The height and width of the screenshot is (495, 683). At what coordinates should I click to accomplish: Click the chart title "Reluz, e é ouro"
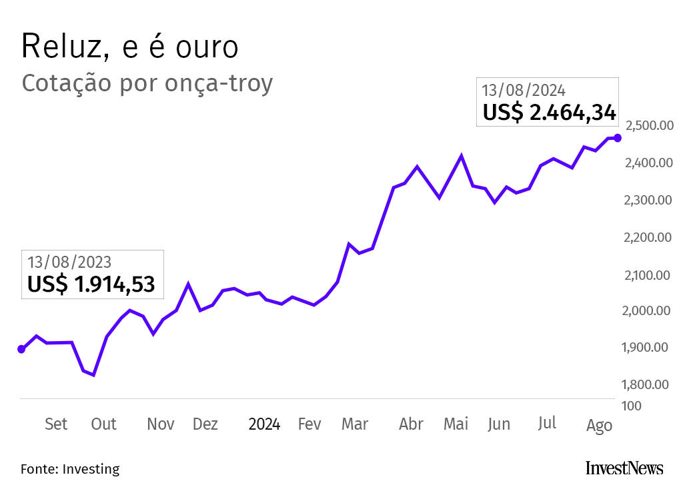[x=129, y=47]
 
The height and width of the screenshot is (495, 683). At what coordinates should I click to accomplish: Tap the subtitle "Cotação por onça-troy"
[x=147, y=84]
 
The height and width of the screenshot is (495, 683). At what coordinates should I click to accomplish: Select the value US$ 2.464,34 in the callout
[x=549, y=113]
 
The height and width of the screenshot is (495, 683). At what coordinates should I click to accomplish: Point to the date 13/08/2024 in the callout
[x=524, y=91]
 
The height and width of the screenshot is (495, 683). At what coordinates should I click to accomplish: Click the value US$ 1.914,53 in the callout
[x=91, y=284]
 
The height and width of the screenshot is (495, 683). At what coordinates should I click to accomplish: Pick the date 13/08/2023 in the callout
[x=69, y=262]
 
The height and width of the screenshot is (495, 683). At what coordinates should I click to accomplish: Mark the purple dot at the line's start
[x=21, y=349]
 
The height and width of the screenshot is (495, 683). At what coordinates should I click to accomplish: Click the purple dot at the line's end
[x=618, y=138]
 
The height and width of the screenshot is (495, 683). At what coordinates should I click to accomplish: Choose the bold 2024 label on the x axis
[x=264, y=424]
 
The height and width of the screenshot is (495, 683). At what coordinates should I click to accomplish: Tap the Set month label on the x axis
[x=56, y=424]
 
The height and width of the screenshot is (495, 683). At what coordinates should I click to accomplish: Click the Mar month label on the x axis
[x=355, y=424]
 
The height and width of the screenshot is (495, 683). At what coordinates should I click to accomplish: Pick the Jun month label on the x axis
[x=499, y=424]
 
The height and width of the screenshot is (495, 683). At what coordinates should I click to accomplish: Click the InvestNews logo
[x=624, y=468]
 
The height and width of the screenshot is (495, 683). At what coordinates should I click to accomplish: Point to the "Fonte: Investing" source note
[x=70, y=469]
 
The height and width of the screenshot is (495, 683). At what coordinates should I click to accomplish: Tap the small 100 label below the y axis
[x=632, y=406]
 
